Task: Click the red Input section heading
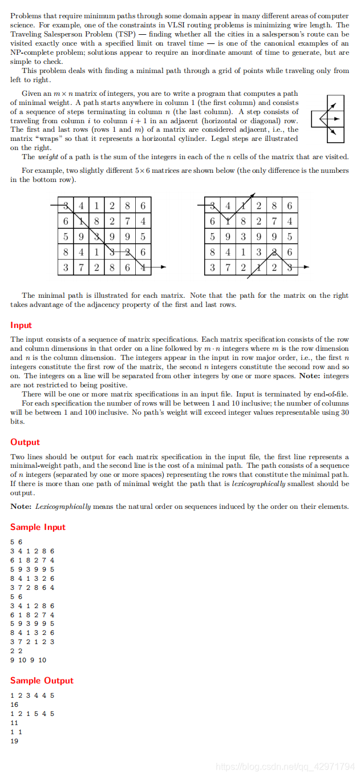click(21, 325)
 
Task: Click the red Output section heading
click(25, 442)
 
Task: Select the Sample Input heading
click(38, 527)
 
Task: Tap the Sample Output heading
click(42, 681)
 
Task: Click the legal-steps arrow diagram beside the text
click(329, 119)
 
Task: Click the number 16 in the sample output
click(14, 705)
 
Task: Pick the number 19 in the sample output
click(14, 741)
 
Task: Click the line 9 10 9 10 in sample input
click(29, 660)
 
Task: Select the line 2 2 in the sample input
click(16, 651)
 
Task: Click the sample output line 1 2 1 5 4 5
click(33, 714)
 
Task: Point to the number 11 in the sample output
click(14, 723)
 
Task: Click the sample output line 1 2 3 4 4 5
click(33, 695)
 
